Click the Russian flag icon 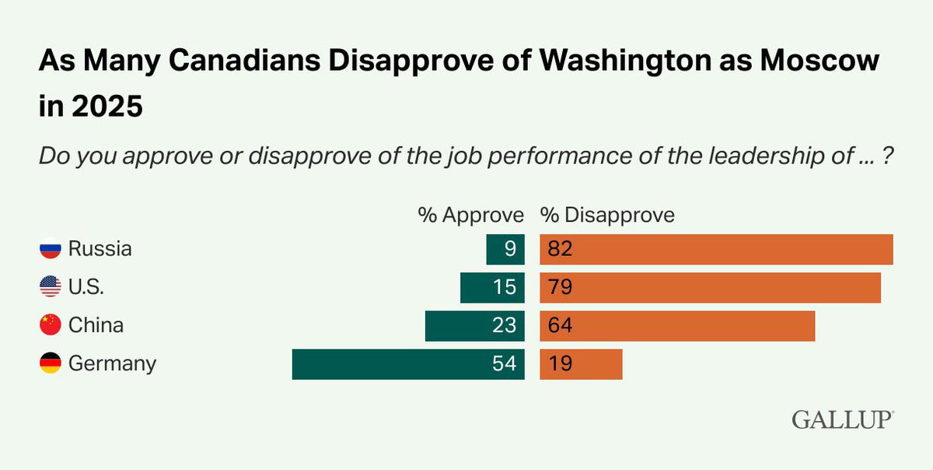[51, 249]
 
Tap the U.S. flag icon [51, 287]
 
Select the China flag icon [51, 325]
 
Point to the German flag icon [51, 363]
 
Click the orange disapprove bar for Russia [716, 249]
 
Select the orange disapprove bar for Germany [581, 364]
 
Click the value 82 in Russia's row [559, 249]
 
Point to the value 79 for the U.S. [559, 287]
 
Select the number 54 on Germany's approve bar [505, 364]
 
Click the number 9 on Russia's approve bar [510, 249]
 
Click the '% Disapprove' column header [607, 215]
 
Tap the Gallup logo [843, 419]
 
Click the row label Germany [112, 363]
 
